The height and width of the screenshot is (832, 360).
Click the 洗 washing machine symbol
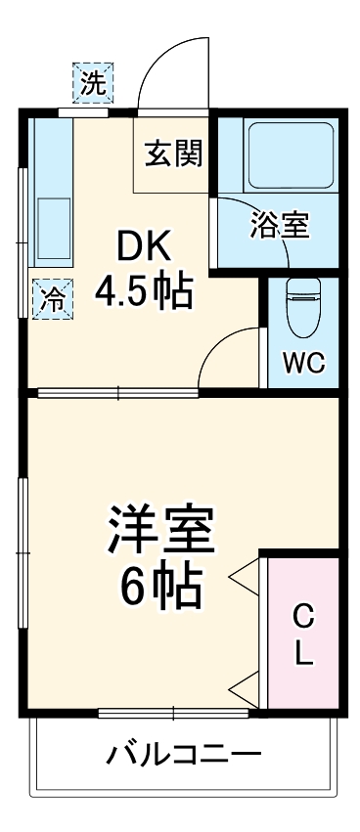pyautogui.click(x=93, y=83)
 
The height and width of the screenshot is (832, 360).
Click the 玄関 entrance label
pyautogui.click(x=174, y=154)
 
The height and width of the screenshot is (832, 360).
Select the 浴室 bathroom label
pyautogui.click(x=279, y=226)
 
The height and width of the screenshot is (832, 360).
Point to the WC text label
pyautogui.click(x=303, y=362)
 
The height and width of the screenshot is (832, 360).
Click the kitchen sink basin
pyautogui.click(x=53, y=228)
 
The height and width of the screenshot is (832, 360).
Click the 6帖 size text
pyautogui.click(x=161, y=587)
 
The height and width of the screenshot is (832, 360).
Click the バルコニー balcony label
pyautogui.click(x=184, y=756)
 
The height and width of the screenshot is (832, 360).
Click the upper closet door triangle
pyautogui.click(x=246, y=577)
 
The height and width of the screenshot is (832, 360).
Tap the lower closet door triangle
pyautogui.click(x=246, y=689)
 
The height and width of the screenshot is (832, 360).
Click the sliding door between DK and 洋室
pyautogui.click(x=117, y=394)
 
